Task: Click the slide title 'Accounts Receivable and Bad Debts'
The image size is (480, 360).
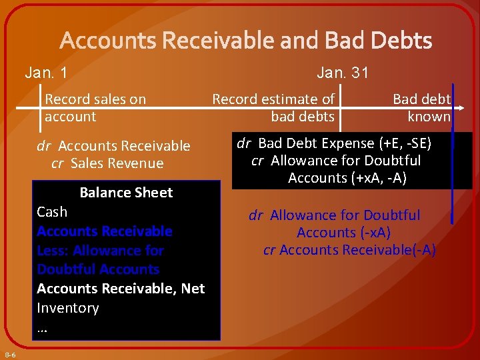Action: click(246, 41)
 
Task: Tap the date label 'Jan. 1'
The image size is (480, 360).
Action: click(45, 73)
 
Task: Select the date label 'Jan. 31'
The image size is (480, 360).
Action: click(343, 73)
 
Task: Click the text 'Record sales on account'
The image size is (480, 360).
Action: click(95, 108)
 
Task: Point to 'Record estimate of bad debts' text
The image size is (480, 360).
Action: click(273, 108)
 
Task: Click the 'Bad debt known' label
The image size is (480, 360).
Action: click(421, 108)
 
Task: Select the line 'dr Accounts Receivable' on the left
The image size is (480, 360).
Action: click(113, 146)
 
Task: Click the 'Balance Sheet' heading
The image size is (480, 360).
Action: click(126, 193)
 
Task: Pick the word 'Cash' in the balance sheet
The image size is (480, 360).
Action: click(52, 212)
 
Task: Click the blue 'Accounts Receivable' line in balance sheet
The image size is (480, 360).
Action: click(105, 231)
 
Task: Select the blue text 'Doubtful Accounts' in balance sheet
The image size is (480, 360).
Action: click(98, 269)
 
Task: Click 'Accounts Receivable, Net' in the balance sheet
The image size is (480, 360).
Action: click(121, 289)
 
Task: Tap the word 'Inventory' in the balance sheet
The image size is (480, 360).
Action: click(68, 308)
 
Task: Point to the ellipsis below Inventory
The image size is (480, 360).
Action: click(43, 328)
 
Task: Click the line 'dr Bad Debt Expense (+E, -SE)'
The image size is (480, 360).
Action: click(336, 143)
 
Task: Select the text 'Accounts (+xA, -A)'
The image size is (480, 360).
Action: click(347, 178)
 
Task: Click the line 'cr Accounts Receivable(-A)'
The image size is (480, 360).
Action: click(349, 250)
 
